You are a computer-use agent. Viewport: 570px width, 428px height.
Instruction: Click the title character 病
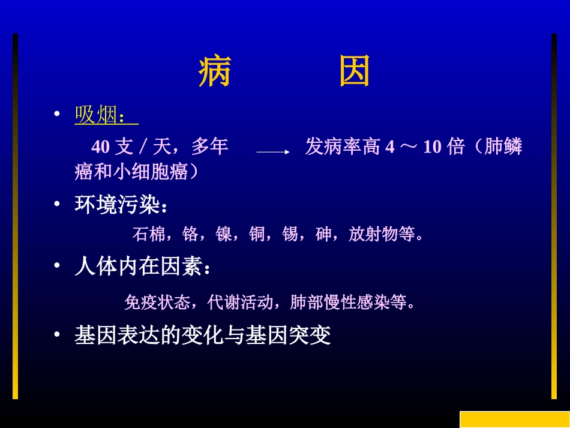point(215,72)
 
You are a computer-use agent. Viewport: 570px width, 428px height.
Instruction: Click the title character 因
point(355,72)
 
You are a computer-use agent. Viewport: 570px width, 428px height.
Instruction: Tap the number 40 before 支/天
point(100,147)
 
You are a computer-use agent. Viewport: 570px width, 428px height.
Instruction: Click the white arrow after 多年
point(273,152)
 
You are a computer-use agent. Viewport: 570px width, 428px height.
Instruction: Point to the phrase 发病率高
point(343,147)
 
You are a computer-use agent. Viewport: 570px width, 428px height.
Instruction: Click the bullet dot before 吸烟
point(57,114)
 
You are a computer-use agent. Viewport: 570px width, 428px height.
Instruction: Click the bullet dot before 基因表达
point(57,334)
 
